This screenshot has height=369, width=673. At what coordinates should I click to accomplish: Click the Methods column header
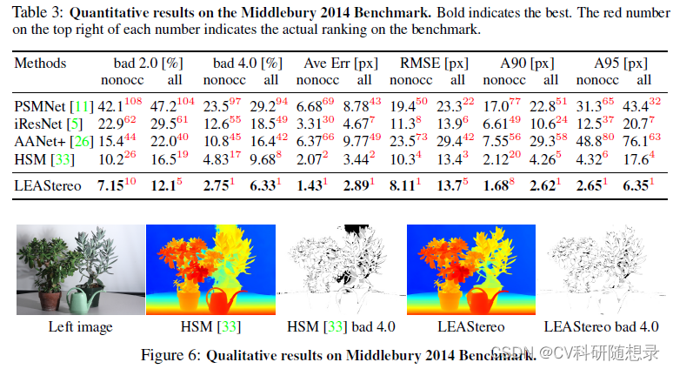click(x=40, y=64)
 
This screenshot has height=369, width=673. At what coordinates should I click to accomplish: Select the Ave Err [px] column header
click(x=335, y=64)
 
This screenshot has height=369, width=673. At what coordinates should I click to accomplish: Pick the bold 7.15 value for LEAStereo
click(x=110, y=184)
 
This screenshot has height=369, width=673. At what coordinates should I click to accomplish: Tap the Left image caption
click(x=80, y=327)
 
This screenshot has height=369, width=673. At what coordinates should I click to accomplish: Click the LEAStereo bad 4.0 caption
click(x=601, y=327)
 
